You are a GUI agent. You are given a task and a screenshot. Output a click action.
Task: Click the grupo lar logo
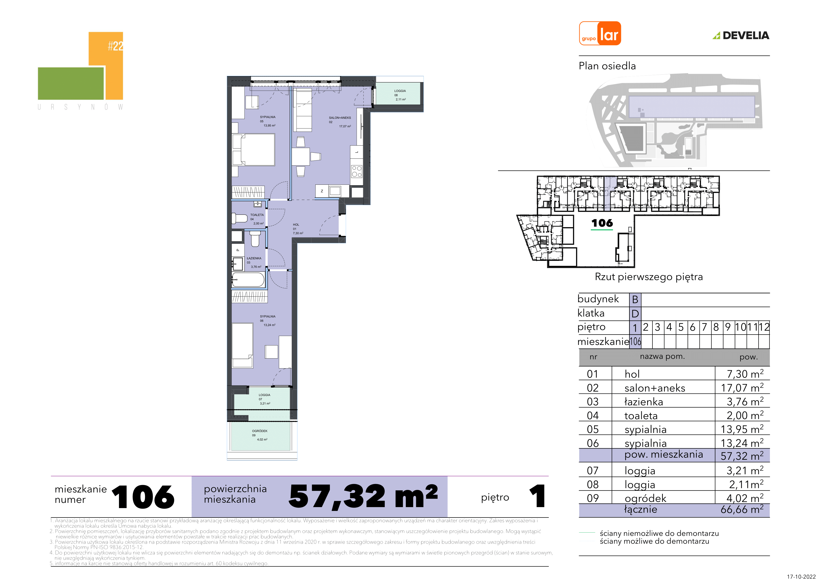(x=600, y=33)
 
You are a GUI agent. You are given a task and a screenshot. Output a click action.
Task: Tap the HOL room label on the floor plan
(x=296, y=225)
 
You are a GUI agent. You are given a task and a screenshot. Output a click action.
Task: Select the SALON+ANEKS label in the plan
(x=340, y=118)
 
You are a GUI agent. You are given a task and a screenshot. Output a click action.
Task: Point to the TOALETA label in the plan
(x=257, y=215)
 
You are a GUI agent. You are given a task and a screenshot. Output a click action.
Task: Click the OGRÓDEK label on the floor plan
(x=260, y=431)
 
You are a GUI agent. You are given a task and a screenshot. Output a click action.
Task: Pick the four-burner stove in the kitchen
(x=356, y=171)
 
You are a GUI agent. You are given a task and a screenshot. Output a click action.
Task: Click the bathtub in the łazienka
(x=248, y=279)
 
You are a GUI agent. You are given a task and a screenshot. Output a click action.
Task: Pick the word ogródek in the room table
(x=645, y=498)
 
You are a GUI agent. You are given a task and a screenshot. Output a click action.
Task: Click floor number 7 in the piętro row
(x=704, y=327)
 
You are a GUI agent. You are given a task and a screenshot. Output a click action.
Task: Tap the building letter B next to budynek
(x=635, y=300)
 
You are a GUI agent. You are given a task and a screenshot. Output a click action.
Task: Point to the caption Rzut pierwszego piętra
(x=648, y=277)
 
